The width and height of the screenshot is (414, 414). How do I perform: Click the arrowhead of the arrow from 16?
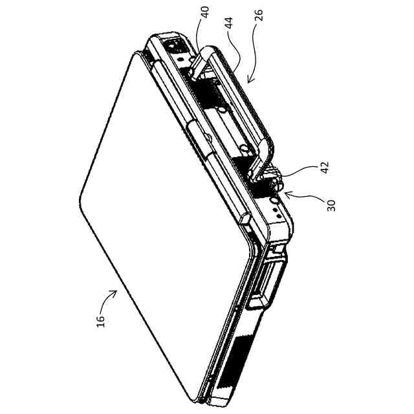click(x=116, y=292)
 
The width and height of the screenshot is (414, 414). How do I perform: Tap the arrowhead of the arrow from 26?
click(x=248, y=82)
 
